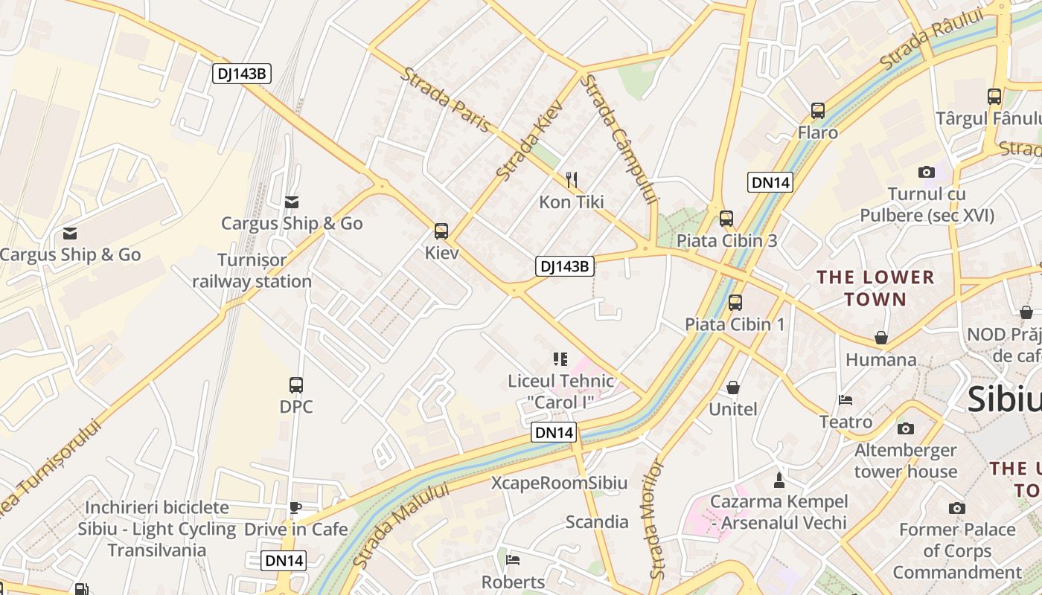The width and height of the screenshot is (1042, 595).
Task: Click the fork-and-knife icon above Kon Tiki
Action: pos(572,179)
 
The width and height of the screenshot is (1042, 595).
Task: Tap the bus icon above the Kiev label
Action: pos(441,231)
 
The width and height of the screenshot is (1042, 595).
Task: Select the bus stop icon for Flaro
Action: pos(818,111)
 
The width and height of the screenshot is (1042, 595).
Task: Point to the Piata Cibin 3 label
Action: pos(726,240)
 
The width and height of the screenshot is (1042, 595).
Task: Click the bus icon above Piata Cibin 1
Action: pos(735,302)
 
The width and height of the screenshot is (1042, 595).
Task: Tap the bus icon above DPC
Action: pos(296,385)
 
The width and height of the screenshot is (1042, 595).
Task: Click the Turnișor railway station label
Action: pos(252,271)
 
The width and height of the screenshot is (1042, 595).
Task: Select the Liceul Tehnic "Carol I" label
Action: pos(561,391)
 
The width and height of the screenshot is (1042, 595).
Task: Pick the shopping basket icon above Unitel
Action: pos(733,387)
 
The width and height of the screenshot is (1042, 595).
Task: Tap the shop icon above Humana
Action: pos(881,338)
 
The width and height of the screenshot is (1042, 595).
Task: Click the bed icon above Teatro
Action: pos(846,400)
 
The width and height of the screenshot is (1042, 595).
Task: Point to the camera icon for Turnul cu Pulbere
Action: pos(927,173)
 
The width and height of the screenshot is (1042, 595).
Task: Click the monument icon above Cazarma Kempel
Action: pos(779,480)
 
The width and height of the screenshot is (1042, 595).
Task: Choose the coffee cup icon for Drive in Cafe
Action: pos(295,507)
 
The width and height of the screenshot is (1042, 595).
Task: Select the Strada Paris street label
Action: pos(447,100)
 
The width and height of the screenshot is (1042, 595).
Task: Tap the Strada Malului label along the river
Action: pos(401,525)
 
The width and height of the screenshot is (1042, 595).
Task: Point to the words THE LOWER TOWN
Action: pos(875,289)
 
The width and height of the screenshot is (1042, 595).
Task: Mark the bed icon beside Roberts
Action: pos(513,560)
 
